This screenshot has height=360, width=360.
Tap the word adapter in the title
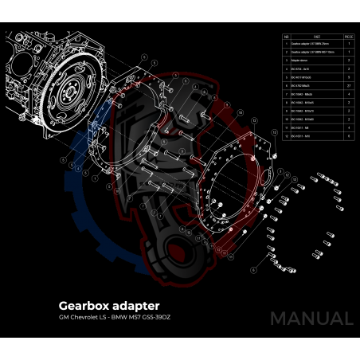pos(135,306)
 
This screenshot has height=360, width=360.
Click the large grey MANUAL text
pos(311,319)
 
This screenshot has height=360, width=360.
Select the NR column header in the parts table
pos(287,36)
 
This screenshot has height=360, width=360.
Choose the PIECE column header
pos(348,36)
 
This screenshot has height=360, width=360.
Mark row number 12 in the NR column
pos(287,136)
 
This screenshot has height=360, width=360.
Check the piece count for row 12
pos(348,136)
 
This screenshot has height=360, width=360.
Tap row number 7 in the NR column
pos(287,93)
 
